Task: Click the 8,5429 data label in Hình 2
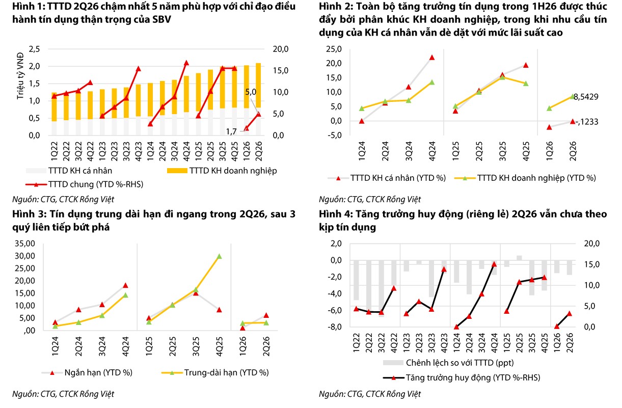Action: click(586, 97)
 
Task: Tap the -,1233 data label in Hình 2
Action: click(587, 122)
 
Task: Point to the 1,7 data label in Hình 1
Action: click(231, 131)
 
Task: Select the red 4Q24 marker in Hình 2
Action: click(432, 58)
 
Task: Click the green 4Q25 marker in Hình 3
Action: click(219, 256)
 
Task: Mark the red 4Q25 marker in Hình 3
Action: click(219, 310)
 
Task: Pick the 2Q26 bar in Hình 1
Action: click(258, 99)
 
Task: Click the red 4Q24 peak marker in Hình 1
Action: click(186, 63)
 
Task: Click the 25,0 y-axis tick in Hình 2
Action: click(334, 49)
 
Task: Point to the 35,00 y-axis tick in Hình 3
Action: click(25, 243)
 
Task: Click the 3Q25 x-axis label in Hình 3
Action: click(196, 346)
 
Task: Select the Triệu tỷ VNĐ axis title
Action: click(20, 76)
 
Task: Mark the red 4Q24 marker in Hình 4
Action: click(494, 264)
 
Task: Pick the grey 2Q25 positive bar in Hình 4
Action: click(519, 258)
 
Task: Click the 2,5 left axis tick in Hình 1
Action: click(35, 49)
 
